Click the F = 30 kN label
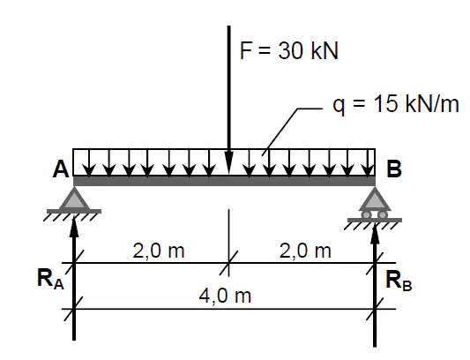[x=289, y=50]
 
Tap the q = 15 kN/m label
[x=396, y=105]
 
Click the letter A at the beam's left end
[x=61, y=169]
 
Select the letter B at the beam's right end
[x=394, y=169]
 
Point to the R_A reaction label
[x=50, y=279]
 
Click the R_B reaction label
[x=399, y=281]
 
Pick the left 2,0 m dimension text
[x=158, y=251]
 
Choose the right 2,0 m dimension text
[x=305, y=251]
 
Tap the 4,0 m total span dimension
[x=225, y=296]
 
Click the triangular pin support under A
[x=74, y=199]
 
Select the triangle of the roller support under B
[x=375, y=199]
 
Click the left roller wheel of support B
[x=367, y=214]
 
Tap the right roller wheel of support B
[x=383, y=214]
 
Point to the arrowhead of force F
[x=228, y=162]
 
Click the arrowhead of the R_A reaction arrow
[x=74, y=227]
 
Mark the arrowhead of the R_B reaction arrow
[x=375, y=233]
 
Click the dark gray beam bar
[x=224, y=181]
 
